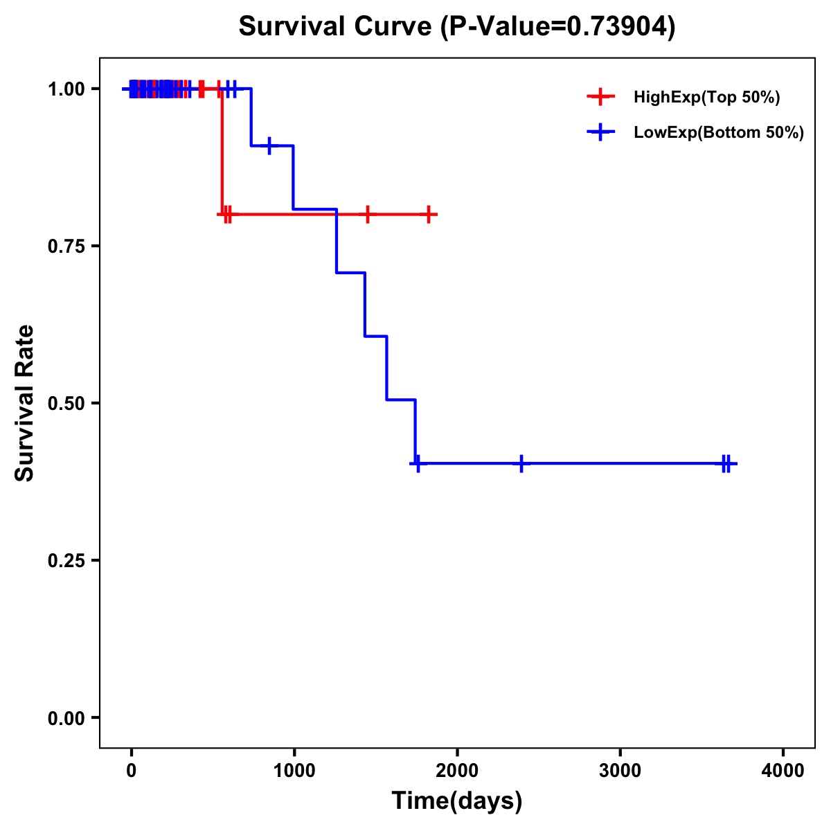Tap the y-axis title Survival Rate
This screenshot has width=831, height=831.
click(25, 403)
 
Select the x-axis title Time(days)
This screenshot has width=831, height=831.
click(457, 801)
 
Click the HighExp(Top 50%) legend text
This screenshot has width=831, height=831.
click(706, 98)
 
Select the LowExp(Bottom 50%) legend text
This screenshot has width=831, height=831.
click(719, 133)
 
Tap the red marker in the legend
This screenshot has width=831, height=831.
click(600, 97)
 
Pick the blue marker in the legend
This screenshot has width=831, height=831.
click(600, 132)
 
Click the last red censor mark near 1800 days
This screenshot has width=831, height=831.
click(429, 215)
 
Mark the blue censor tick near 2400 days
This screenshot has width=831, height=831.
click(521, 464)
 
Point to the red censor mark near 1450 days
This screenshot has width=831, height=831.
click(368, 215)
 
